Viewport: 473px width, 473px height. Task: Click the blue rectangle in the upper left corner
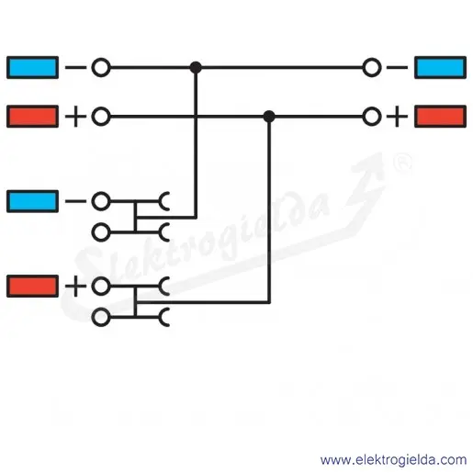click(32, 67)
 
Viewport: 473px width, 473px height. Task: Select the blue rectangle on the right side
click(440, 67)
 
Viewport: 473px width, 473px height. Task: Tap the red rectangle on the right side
click(440, 117)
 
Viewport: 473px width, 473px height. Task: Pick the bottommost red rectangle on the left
click(32, 287)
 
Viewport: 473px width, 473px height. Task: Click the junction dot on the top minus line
click(196, 67)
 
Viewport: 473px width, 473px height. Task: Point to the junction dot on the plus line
click(269, 117)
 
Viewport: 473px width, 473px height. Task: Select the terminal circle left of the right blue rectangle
click(372, 67)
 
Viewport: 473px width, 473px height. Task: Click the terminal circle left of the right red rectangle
click(372, 117)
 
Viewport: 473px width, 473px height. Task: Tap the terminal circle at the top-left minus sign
click(101, 67)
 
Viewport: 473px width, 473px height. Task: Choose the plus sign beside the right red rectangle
click(397, 117)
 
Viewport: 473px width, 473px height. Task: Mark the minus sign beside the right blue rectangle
click(397, 67)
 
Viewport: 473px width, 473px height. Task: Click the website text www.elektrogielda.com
click(393, 460)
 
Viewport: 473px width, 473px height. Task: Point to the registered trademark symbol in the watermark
click(402, 163)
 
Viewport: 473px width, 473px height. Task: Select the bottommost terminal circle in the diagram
click(101, 317)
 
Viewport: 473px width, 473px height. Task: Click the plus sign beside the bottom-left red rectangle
click(75, 287)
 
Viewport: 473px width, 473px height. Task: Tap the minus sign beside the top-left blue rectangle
click(75, 67)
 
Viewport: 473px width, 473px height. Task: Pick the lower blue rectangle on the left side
click(32, 201)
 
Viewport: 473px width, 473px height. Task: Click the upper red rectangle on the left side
click(32, 117)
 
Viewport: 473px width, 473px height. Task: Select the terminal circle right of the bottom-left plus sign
click(101, 287)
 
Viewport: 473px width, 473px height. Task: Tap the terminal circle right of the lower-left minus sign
click(101, 201)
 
